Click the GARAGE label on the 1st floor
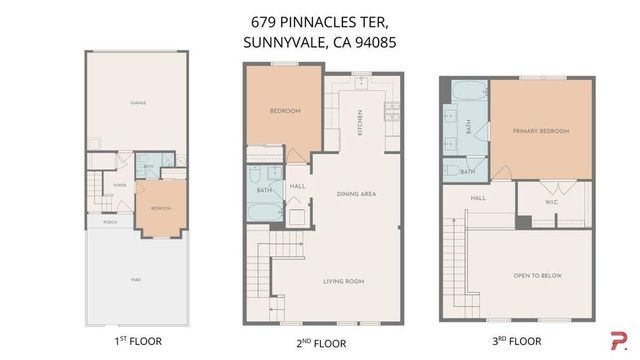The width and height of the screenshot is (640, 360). [137, 103]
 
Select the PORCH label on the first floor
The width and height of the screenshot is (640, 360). [109, 223]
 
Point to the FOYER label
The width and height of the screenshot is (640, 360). [119, 185]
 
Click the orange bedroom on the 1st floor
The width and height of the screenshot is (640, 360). [160, 207]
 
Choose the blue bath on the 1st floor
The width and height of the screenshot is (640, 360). [148, 167]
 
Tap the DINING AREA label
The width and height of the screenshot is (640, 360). [356, 193]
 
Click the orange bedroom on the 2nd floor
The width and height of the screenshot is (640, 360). [285, 109]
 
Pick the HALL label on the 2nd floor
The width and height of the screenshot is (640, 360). [297, 185]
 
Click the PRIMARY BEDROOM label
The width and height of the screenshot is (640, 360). [540, 131]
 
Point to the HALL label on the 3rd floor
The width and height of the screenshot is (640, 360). [477, 198]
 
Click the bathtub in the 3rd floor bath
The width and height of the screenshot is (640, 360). [465, 96]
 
